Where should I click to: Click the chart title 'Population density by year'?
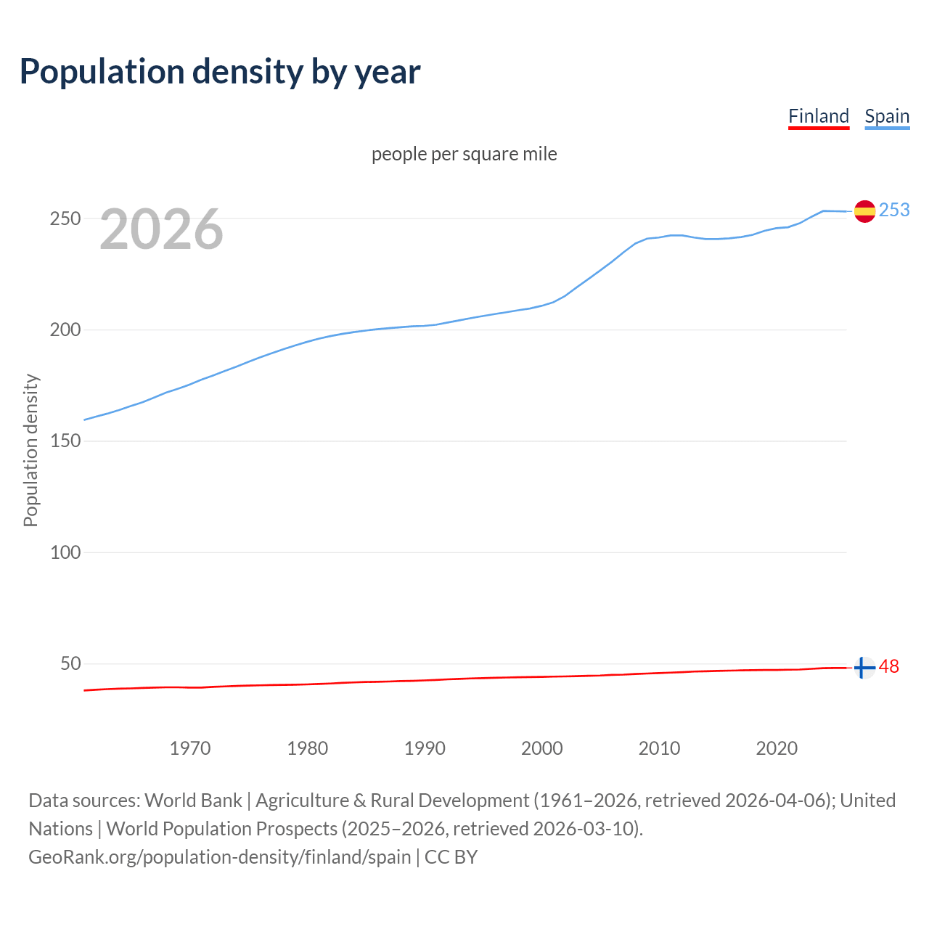[x=220, y=72]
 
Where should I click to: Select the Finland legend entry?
[x=818, y=116]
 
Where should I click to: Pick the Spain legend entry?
[x=887, y=116]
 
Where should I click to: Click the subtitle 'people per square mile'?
[x=464, y=154]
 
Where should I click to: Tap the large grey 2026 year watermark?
[x=161, y=229]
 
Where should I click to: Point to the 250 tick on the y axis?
[x=65, y=218]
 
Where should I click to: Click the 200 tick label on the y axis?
[x=65, y=330]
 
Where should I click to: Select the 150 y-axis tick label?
[x=65, y=441]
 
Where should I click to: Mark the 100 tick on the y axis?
[x=65, y=552]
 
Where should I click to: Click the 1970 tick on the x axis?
[x=190, y=748]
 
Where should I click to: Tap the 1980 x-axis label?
[x=307, y=748]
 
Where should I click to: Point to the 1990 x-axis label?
[x=425, y=748]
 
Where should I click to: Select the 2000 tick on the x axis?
[x=542, y=748]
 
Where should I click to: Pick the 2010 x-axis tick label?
[x=659, y=748]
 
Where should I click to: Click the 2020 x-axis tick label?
[x=777, y=748]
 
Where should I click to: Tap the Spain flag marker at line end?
[x=864, y=211]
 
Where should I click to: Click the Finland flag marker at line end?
[x=864, y=668]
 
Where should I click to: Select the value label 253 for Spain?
[x=894, y=210]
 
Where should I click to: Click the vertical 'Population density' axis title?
[x=30, y=450]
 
